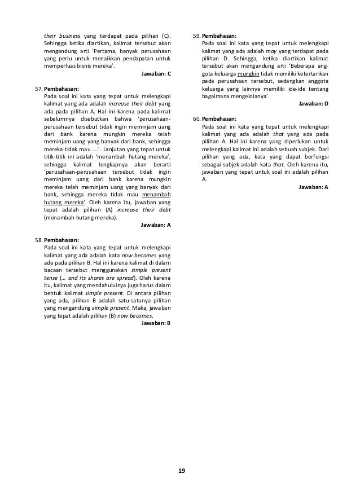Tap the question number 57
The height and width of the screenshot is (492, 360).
click(x=39, y=88)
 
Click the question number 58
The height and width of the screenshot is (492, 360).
click(x=39, y=240)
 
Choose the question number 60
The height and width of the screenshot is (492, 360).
click(x=197, y=118)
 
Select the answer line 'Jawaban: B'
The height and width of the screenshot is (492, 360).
click(x=156, y=323)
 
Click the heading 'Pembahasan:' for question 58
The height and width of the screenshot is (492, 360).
click(x=62, y=240)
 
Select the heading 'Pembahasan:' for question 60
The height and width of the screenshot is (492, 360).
click(x=220, y=118)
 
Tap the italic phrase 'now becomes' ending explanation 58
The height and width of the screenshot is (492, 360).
click(x=138, y=316)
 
